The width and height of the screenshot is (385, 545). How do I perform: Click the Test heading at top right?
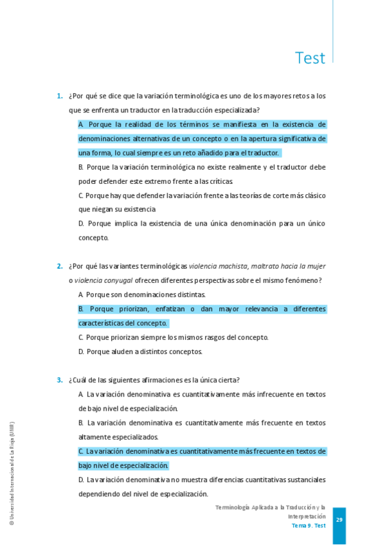tap(310, 58)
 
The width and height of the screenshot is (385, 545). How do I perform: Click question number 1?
tap(59, 96)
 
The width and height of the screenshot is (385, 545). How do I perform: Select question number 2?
tap(59, 266)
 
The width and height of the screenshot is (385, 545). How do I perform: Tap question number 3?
tap(59, 380)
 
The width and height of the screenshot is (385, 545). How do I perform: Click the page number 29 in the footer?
tap(339, 520)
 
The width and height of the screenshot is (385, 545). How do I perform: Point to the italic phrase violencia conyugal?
tap(103, 280)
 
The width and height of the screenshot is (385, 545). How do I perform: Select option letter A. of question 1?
tap(82, 125)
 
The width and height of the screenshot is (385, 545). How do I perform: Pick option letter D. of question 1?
tap(82, 224)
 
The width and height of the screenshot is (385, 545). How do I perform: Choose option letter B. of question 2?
tap(82, 309)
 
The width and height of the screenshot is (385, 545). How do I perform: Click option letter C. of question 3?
tap(82, 451)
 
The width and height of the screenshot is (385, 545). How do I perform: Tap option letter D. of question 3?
tap(82, 479)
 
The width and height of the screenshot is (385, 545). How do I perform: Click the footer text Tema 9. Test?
tap(309, 526)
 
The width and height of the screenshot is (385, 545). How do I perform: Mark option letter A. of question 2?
tap(82, 294)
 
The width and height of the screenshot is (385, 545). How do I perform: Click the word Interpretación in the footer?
tap(307, 516)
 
